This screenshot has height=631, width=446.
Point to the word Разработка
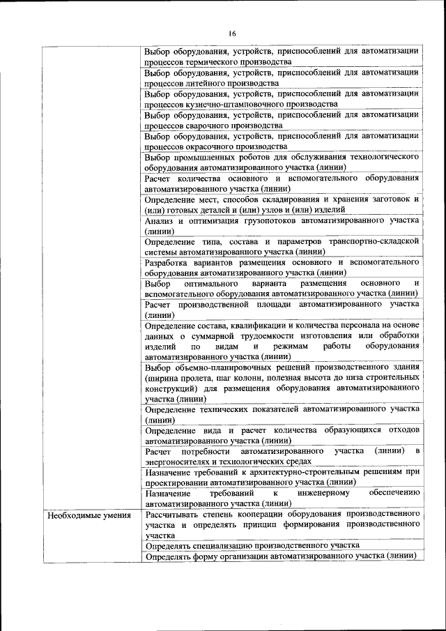167,263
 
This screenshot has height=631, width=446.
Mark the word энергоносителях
184,462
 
